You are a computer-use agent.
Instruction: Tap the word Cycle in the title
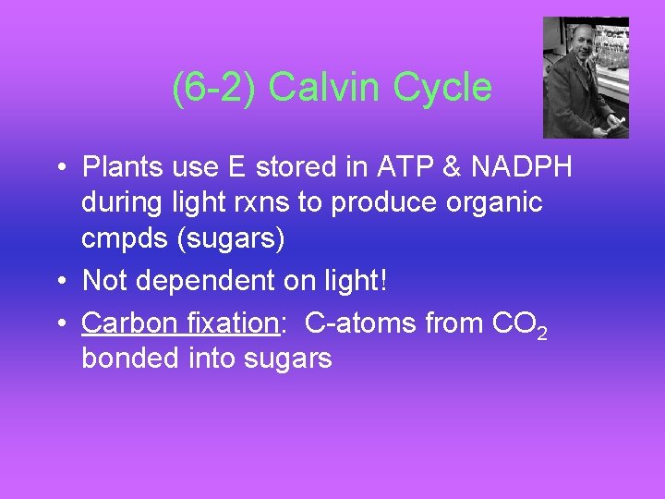click(442, 89)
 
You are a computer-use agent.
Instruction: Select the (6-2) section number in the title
click(215, 89)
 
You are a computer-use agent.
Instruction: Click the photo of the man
click(586, 78)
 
